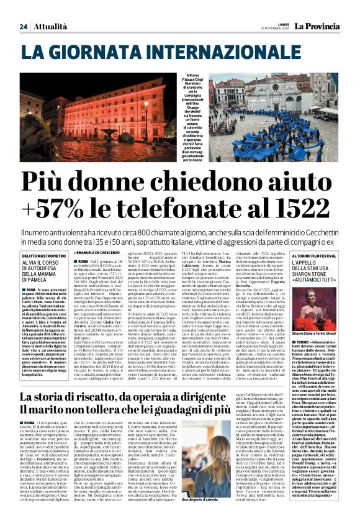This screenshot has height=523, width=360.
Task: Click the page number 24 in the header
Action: [x=23, y=27]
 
